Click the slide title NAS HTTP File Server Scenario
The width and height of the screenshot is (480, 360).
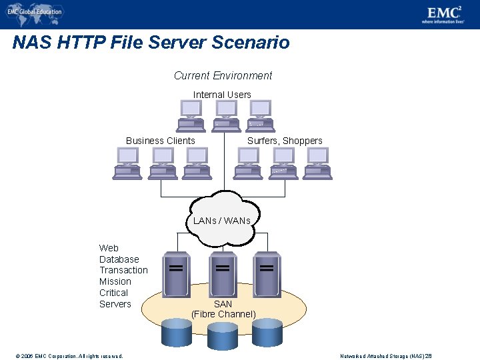tap(151, 43)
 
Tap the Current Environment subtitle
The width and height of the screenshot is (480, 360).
tap(223, 76)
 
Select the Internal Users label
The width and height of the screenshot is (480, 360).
tap(222, 95)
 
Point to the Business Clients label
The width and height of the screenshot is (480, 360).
tap(161, 141)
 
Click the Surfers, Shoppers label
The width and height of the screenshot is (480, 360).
tap(285, 141)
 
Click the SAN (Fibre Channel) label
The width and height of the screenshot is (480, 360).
tap(223, 309)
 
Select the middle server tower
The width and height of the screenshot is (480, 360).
tap(223, 273)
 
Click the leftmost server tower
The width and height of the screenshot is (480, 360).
tap(176, 273)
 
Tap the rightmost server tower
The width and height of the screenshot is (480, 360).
tap(267, 273)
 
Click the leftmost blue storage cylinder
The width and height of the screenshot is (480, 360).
tap(177, 331)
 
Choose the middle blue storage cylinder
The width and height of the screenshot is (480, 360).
tap(222, 337)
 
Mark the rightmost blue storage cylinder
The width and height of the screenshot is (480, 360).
tap(267, 331)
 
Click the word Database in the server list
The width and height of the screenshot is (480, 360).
tap(119, 259)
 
